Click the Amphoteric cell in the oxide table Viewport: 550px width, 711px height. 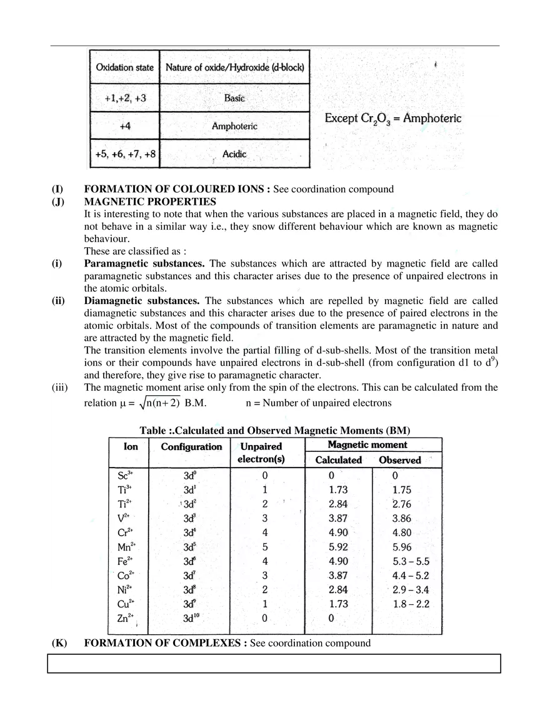[234, 126]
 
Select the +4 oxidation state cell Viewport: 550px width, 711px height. [124, 126]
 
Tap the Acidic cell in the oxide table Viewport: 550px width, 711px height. [234, 154]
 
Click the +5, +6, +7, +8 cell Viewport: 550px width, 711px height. [125, 154]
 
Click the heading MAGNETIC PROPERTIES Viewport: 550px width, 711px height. [150, 202]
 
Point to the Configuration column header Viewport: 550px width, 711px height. [191, 447]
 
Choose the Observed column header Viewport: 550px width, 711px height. [400, 460]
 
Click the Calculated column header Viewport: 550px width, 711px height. [338, 460]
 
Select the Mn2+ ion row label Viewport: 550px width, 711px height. [126, 547]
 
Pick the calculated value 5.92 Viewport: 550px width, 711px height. [337, 547]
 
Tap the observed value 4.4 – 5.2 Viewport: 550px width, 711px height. [411, 576]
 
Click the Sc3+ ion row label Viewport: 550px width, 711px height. [125, 476]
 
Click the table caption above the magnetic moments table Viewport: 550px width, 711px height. [274, 431]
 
